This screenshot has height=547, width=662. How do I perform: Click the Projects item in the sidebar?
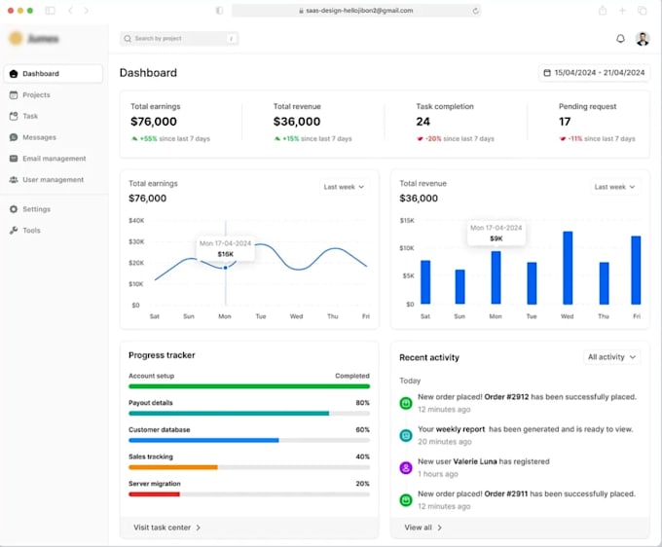coord(36,95)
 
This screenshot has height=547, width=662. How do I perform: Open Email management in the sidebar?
coord(54,159)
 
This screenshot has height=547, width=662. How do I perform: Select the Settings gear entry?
coord(36,209)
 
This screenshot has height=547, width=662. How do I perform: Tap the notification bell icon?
coord(621,39)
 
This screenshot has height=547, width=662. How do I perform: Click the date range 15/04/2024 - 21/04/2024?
coord(594,73)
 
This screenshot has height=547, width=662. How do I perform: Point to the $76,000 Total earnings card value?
coord(154,122)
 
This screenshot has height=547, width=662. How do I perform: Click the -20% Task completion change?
coord(433,139)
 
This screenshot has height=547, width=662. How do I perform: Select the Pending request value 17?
coord(565,122)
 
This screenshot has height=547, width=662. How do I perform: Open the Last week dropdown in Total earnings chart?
coord(344,187)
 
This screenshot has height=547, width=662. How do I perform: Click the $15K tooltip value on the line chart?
coord(225,254)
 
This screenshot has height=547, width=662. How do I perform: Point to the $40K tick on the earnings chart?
coord(136,221)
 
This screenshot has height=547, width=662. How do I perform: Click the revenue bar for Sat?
coord(425,282)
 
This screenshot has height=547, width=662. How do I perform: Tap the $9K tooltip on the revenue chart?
coord(496,238)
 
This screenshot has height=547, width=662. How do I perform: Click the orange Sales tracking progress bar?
coord(172,467)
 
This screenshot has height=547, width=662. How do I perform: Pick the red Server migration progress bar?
coord(154,494)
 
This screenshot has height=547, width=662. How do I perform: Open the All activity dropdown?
coord(612,357)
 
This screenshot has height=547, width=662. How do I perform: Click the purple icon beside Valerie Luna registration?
coord(406,467)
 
